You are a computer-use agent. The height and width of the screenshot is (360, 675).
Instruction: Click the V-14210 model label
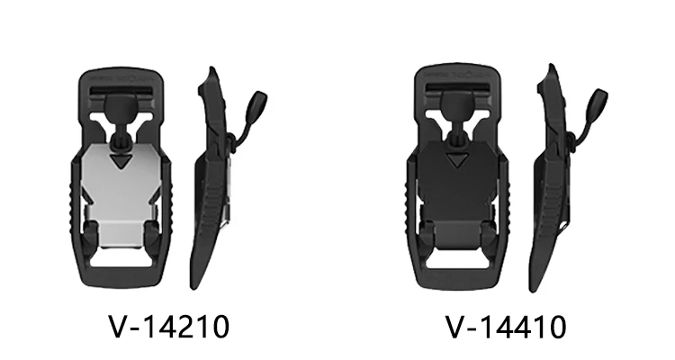[x=169, y=327]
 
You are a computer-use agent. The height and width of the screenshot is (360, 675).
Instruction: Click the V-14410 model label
[x=506, y=327]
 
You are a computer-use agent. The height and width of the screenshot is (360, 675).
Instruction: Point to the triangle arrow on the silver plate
[x=120, y=161]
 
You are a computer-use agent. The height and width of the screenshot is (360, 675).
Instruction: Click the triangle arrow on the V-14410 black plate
[x=457, y=160]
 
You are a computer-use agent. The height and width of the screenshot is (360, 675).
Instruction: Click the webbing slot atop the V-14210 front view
[x=121, y=91]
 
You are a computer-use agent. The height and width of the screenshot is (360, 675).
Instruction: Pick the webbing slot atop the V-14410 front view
[x=457, y=87]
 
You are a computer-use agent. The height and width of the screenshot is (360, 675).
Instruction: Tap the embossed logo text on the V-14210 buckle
[x=121, y=79]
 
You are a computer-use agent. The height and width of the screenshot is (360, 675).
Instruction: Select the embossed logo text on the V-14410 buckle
[x=457, y=75]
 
